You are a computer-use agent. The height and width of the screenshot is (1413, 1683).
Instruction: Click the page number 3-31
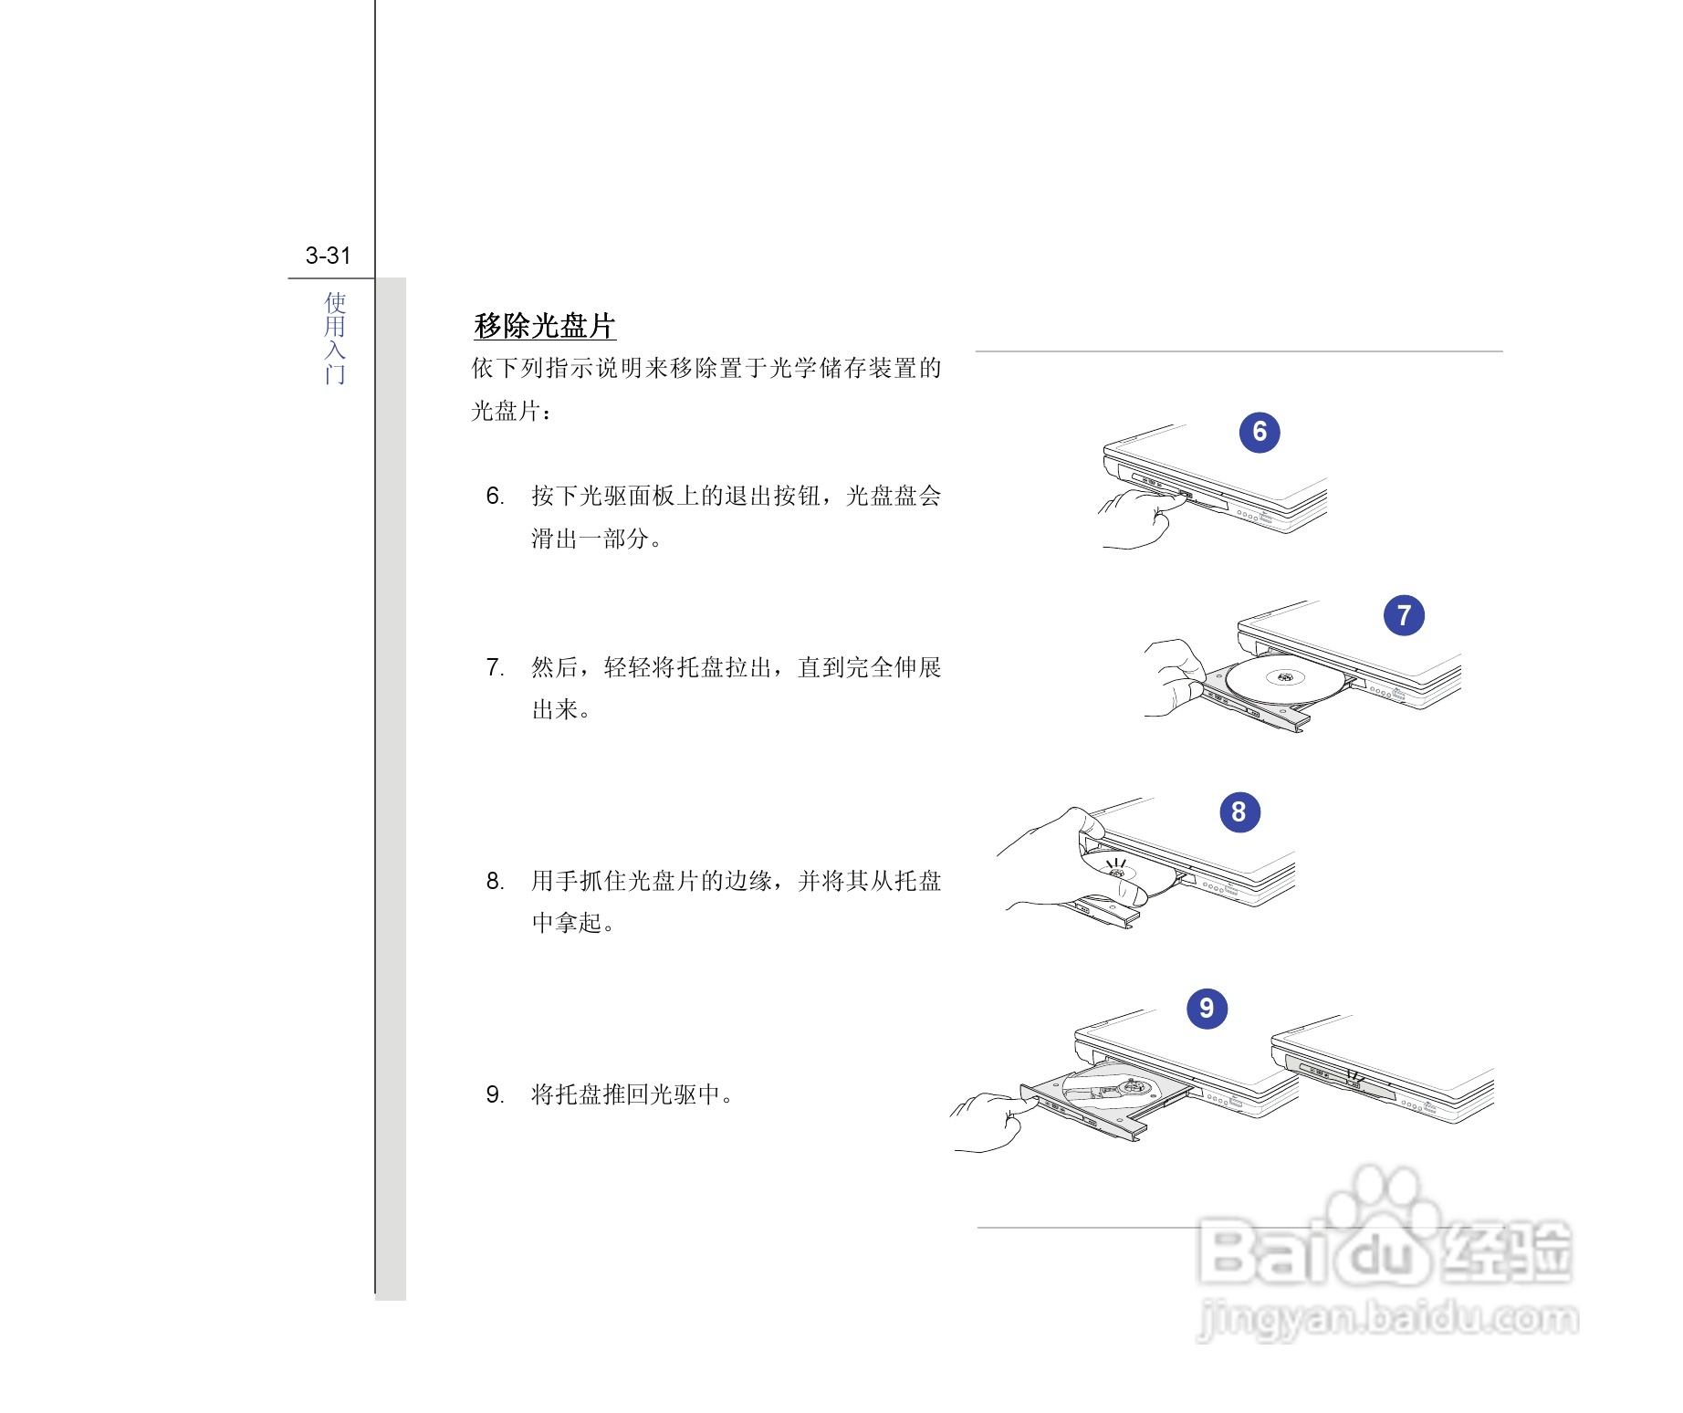328,256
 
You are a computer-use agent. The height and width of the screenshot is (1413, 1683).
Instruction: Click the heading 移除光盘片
545,326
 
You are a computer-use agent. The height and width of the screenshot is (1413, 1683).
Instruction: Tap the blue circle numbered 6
1259,432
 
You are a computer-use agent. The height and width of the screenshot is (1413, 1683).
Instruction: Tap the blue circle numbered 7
1404,615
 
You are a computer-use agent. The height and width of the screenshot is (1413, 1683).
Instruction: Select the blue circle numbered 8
1239,811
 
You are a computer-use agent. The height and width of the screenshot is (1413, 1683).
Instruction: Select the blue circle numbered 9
1207,1008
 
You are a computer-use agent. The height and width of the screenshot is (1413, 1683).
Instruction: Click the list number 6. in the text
495,496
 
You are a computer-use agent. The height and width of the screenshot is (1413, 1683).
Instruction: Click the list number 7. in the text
495,667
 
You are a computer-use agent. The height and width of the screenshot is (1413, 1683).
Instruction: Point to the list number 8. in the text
495,881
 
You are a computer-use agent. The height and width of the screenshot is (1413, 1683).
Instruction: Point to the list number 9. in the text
495,1094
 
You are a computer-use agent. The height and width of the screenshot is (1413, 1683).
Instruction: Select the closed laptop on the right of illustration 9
1383,1068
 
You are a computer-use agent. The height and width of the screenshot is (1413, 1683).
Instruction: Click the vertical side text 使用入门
335,338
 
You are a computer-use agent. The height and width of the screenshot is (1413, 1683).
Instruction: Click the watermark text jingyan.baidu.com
1387,1318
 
